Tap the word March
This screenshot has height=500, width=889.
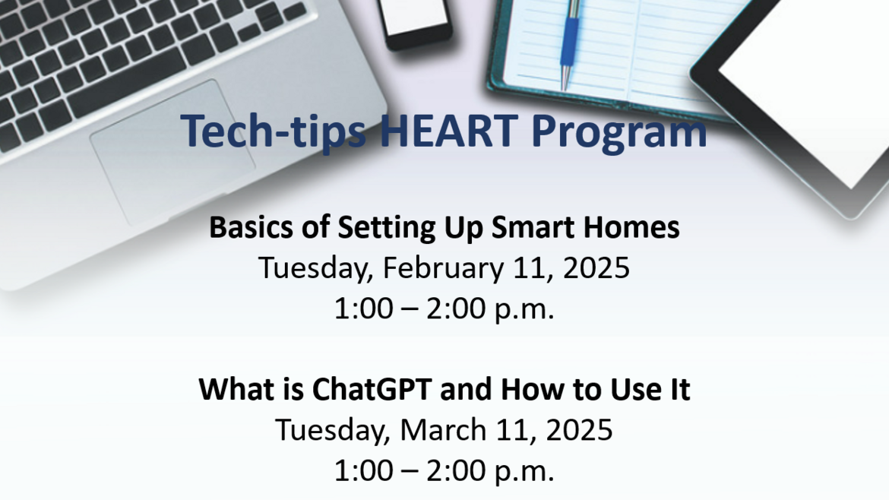coord(444,429)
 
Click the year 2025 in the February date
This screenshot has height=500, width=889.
coord(596,268)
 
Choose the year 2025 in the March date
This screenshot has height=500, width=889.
coord(579,429)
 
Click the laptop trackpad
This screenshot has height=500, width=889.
coord(172,153)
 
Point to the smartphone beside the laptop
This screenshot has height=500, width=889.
coord(416,24)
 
